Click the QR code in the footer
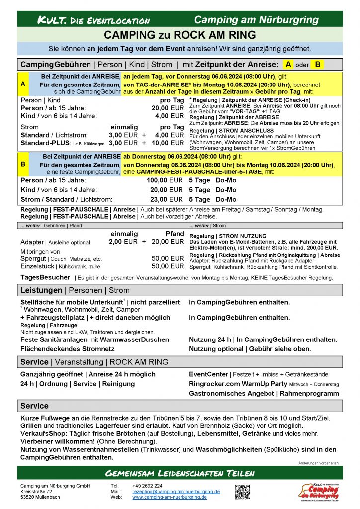242,491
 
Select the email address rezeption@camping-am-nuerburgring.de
176,491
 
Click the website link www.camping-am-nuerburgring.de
169,497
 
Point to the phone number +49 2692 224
147,486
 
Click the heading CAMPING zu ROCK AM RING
180,35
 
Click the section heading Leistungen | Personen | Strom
75,290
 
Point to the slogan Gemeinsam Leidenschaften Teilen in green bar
180,472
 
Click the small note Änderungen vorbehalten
318,463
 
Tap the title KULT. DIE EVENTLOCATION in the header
93,20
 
